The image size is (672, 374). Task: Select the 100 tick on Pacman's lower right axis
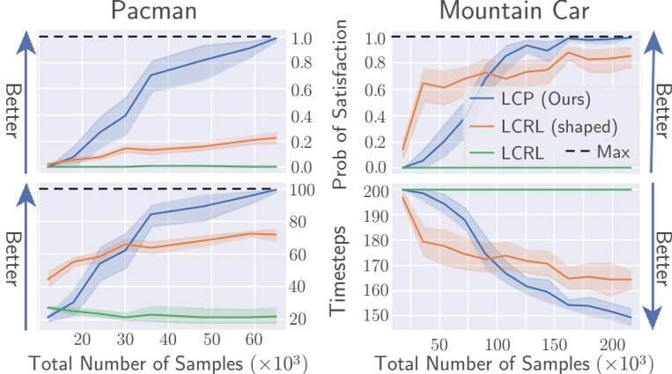[x=304, y=190]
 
